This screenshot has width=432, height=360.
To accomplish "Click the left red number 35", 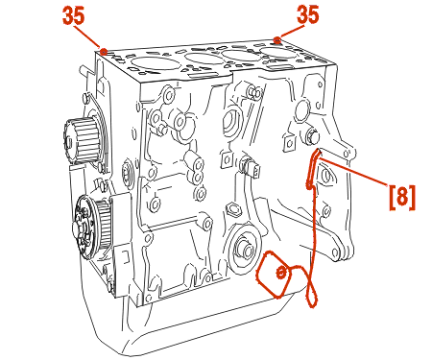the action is [x=74, y=16].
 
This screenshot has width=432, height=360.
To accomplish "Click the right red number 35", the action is [x=308, y=14].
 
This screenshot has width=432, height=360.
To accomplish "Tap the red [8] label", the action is [x=402, y=197].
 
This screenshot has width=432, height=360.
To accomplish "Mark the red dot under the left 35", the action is [x=104, y=51].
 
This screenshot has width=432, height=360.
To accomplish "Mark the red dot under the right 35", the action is [x=277, y=40].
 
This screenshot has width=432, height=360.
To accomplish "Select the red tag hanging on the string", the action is [x=274, y=275].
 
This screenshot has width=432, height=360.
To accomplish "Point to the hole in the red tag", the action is [x=280, y=273].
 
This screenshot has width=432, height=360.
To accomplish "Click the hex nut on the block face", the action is [x=232, y=208].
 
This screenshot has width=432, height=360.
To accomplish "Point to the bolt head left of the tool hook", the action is [x=311, y=136].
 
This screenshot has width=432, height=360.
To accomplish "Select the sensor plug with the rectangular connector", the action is [x=251, y=166].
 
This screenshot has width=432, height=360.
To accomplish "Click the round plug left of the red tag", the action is [x=244, y=249].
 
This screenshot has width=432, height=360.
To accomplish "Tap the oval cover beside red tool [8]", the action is [x=325, y=175].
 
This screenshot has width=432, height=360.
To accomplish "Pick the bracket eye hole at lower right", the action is [x=335, y=252].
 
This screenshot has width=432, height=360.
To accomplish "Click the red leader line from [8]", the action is [x=354, y=171].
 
